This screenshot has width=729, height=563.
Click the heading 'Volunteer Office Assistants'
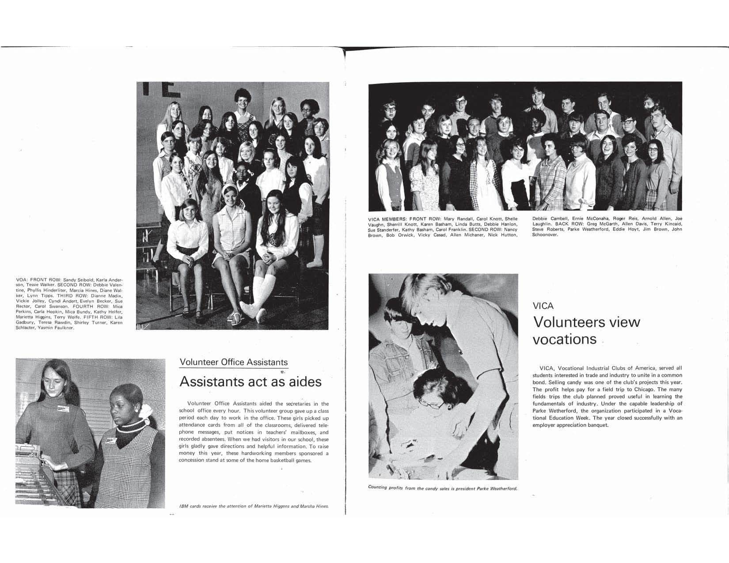click(233, 362)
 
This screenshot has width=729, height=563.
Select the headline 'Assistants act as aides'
click(250, 382)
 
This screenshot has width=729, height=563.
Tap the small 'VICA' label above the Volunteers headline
click(543, 306)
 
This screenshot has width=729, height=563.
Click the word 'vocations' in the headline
click(565, 339)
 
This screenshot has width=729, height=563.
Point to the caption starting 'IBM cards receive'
click(254, 506)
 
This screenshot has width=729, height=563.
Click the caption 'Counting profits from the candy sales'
click(442, 488)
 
